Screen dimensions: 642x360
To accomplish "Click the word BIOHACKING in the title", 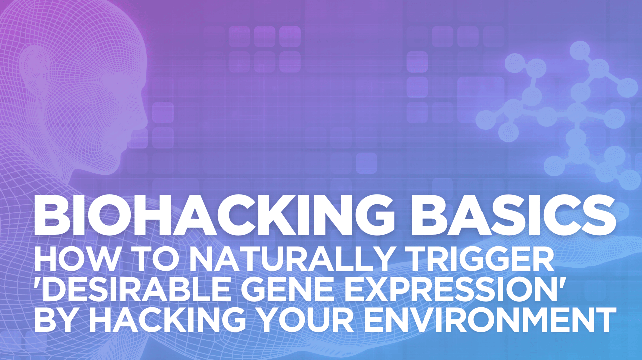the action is click(x=217, y=216).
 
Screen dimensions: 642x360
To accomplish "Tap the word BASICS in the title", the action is click(x=514, y=216).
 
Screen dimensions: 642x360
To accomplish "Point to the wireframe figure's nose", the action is click(x=143, y=115).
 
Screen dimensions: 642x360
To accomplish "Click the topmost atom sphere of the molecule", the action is click(x=580, y=51).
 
